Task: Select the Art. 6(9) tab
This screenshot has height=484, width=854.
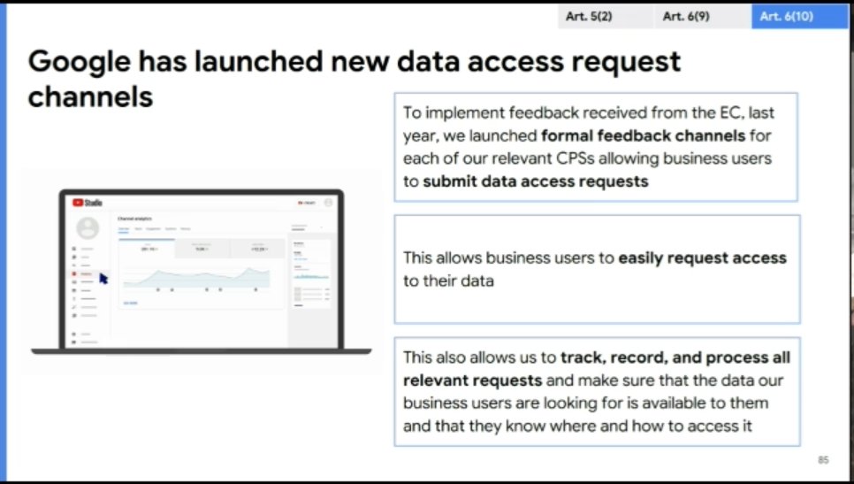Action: click(x=685, y=17)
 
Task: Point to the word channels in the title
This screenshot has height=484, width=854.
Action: click(x=90, y=96)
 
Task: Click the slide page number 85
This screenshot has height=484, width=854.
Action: click(x=823, y=460)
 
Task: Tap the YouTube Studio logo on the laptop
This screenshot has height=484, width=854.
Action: click(x=88, y=203)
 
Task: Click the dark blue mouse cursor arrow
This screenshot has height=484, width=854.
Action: click(x=103, y=278)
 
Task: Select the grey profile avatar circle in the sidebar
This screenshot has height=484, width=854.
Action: click(x=88, y=228)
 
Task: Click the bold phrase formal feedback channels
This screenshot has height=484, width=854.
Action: click(x=643, y=136)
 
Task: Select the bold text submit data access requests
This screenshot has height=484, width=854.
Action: click(x=536, y=181)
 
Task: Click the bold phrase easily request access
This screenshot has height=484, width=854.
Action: click(x=702, y=258)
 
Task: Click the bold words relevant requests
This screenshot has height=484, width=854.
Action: click(x=472, y=380)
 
